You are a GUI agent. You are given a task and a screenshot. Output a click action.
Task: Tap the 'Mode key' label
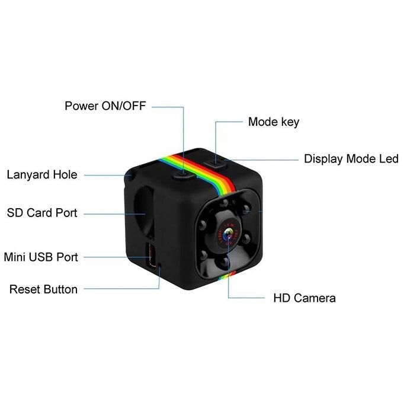coord(273,122)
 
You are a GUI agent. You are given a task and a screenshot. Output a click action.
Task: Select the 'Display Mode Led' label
coord(351,159)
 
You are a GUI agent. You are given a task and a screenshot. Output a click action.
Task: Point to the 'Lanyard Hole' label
coord(42,175)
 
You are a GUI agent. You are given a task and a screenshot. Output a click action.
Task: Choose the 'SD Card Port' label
coord(42,212)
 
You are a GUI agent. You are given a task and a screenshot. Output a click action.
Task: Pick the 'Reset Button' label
coord(43,289)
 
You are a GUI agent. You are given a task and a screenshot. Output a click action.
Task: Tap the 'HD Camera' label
coord(304,298)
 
